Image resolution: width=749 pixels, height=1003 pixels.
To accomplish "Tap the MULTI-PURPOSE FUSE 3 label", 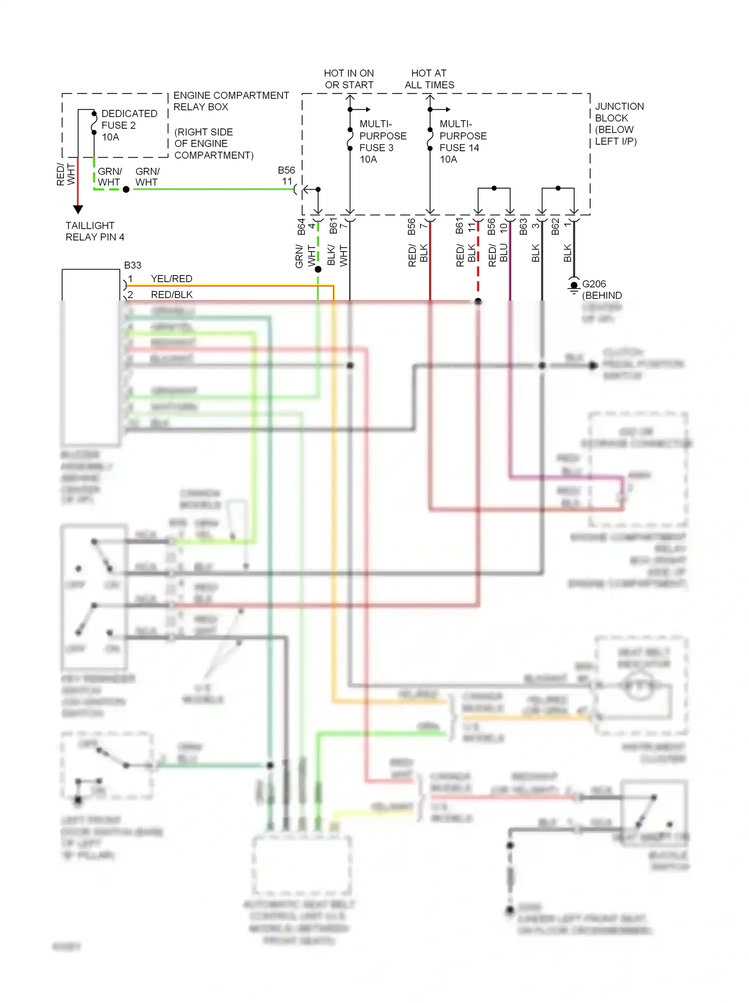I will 382,141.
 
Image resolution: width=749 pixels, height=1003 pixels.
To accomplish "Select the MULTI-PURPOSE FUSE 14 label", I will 462,141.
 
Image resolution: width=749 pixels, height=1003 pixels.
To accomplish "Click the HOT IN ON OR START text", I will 349,79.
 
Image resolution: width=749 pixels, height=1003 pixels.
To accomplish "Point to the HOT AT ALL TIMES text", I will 429,79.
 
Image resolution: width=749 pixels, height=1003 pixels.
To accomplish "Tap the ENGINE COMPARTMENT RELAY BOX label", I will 231,101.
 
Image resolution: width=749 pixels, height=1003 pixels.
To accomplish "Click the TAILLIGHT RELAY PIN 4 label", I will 94,231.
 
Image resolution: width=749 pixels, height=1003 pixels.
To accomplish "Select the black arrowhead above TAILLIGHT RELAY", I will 78,209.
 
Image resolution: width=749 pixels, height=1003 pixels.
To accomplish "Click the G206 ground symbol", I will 574,287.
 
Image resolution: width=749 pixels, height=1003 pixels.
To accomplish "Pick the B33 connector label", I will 133,265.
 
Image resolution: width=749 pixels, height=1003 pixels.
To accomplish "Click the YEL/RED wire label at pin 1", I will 171,279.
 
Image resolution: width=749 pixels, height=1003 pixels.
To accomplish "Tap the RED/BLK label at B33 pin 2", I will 171,295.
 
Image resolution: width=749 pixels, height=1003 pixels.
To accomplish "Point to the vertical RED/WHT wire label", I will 65,174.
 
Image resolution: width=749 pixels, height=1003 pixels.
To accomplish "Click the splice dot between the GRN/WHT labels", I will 126,190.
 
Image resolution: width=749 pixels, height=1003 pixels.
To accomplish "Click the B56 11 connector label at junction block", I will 287,176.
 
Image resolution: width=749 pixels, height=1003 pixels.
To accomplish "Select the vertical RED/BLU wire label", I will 498,255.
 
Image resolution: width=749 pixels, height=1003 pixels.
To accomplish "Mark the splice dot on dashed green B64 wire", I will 318,269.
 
